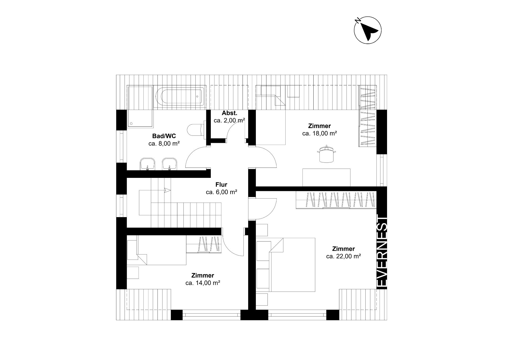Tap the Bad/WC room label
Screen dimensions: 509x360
coord(164,136)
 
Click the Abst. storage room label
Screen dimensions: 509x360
coord(230,113)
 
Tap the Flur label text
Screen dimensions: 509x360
coord(221,185)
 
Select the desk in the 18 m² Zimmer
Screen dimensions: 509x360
coord(326,177)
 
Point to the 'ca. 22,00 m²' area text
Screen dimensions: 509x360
coord(344,256)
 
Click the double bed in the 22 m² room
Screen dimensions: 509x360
coord(292,265)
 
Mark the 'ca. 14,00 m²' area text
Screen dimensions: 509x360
coord(203,283)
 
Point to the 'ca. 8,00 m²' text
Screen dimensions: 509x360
coord(164,144)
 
